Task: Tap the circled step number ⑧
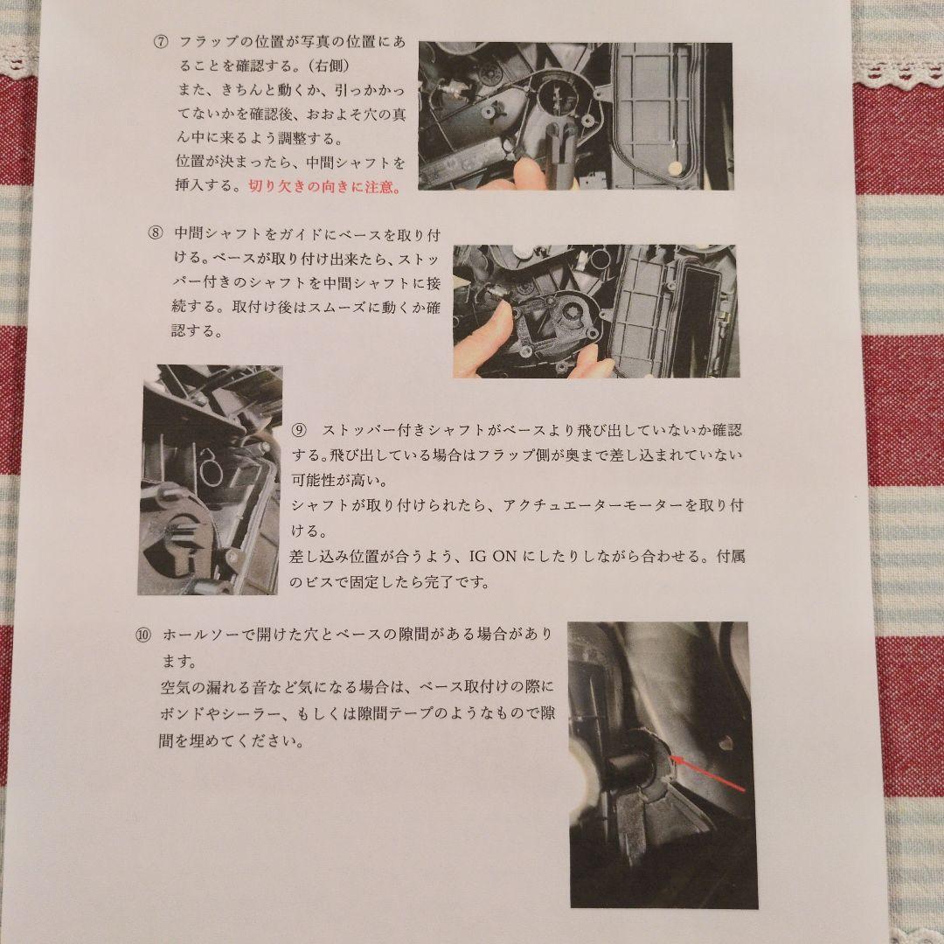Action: (156, 233)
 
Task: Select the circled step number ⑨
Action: (299, 431)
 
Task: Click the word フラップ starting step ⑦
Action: (205, 42)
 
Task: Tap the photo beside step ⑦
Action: (575, 116)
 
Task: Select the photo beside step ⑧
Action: (594, 310)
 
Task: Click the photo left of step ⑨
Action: (210, 480)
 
